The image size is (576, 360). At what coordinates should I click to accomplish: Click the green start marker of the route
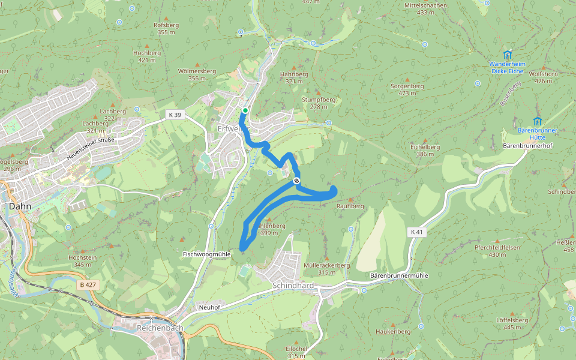[245, 110]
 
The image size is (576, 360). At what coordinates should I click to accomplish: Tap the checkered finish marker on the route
[296, 181]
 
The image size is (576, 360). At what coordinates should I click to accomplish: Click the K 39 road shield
[174, 114]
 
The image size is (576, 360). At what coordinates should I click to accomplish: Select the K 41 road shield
[418, 232]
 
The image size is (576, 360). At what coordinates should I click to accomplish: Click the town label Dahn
[21, 205]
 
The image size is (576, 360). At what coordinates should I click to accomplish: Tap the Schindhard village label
[293, 286]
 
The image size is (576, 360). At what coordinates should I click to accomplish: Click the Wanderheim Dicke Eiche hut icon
[508, 55]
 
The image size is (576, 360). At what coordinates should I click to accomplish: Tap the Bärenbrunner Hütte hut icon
[537, 121]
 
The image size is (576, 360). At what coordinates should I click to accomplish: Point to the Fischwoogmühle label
[206, 254]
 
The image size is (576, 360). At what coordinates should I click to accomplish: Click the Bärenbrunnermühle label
[398, 275]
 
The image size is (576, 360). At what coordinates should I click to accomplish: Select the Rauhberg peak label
[350, 206]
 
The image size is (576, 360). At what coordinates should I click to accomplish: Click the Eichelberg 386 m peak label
[425, 150]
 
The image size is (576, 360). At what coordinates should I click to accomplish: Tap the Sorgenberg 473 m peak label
[407, 89]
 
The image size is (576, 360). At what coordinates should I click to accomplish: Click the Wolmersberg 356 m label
[197, 74]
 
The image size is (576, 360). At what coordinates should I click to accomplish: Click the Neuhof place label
[209, 307]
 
